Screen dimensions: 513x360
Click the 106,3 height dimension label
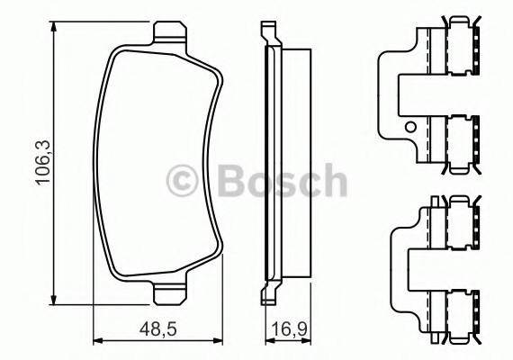43,163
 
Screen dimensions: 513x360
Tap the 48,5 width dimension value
158,328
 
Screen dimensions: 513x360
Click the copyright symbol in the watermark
182,181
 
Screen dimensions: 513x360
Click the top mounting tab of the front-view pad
170,32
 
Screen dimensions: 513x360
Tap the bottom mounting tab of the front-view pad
170,293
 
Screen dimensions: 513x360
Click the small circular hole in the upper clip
410,127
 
